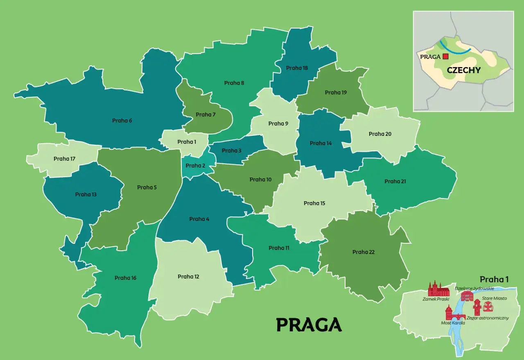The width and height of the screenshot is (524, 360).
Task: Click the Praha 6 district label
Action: [122, 121]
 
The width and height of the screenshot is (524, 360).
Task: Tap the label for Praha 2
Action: [195, 166]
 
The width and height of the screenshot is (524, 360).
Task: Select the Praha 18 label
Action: [297, 68]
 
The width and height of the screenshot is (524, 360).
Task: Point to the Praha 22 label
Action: [364, 252]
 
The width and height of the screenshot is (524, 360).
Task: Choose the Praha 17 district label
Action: [64, 159]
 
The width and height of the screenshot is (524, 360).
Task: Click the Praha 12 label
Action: [188, 277]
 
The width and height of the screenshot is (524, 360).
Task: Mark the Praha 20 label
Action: [379, 134]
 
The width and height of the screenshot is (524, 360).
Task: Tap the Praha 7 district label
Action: [206, 115]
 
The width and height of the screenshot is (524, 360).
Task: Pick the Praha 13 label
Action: [86, 194]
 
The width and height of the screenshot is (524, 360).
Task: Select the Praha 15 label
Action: [314, 203]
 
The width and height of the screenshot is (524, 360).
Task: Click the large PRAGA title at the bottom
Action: [309, 324]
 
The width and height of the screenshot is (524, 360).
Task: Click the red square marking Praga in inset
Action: [445, 57]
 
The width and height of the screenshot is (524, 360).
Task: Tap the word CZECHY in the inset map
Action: [463, 70]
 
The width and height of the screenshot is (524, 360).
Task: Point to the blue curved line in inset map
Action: [454, 49]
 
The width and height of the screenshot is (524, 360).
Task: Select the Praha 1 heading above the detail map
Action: [494, 279]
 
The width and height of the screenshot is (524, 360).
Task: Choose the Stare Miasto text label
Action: [494, 298]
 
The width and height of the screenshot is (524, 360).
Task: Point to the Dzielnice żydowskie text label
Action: [474, 288]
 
